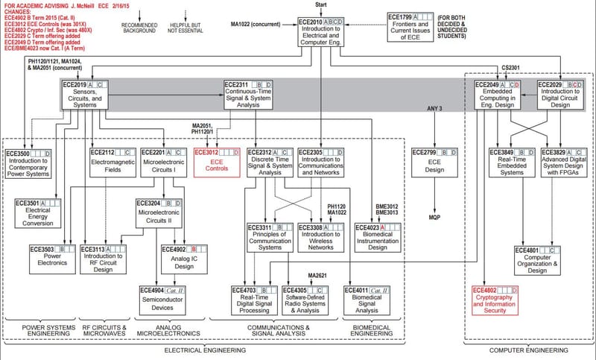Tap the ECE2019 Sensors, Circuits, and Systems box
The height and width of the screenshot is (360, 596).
click(84, 95)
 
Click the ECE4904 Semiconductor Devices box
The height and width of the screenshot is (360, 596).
click(164, 297)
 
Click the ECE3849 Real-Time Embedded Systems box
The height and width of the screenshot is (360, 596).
click(510, 162)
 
